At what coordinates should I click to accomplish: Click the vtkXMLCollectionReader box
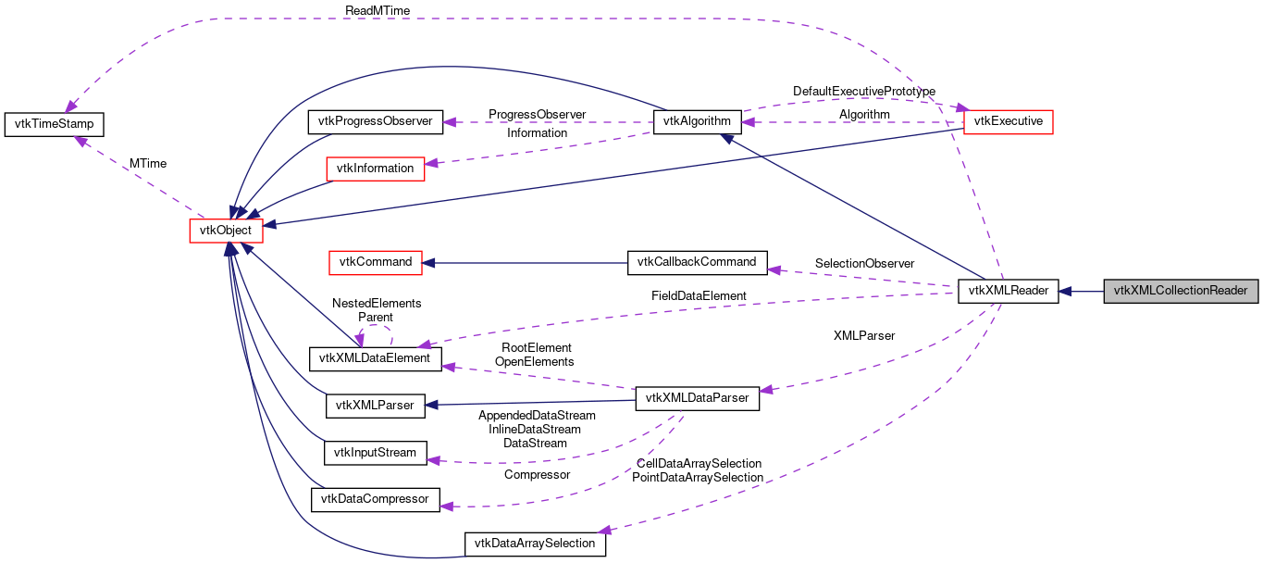[x=1182, y=290]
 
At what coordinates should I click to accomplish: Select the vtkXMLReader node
[x=1008, y=290]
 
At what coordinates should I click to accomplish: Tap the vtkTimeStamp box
[x=55, y=124]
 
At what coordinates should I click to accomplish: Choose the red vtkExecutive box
[x=1009, y=121]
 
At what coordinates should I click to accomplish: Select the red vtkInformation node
[x=374, y=169]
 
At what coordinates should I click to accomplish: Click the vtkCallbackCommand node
[x=697, y=262]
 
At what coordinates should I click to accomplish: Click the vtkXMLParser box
[x=374, y=405]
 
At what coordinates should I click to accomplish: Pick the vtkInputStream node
[x=374, y=453]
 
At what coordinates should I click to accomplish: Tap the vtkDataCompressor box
[x=374, y=499]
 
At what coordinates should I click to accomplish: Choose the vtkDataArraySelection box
[x=535, y=544]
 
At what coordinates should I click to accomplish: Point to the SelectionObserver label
[x=864, y=264]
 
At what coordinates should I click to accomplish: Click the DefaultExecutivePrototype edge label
[x=863, y=92]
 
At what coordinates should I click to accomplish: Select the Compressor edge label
[x=537, y=474]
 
